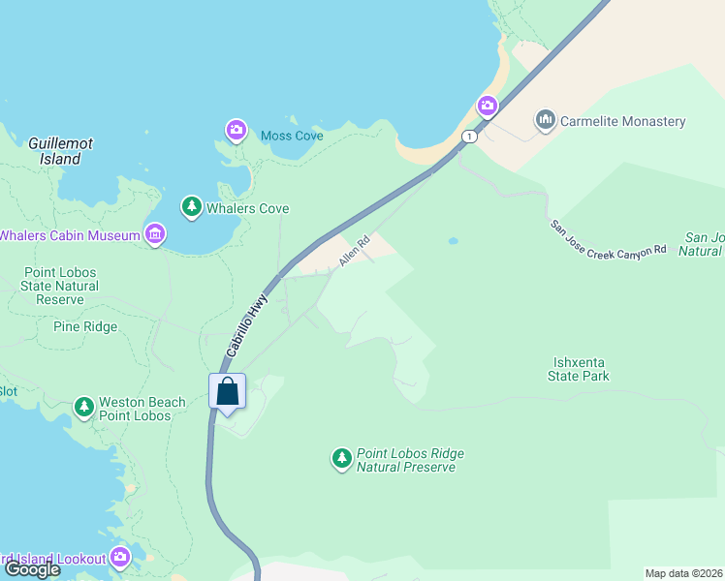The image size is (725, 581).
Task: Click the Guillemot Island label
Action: point(60,150)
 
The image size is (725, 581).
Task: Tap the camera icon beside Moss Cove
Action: point(236,130)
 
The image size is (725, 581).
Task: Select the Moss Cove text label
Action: point(292,136)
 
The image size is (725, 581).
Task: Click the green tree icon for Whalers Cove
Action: point(192,206)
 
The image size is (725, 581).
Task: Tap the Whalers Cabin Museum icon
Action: point(154,233)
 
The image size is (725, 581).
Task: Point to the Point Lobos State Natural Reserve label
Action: point(60,286)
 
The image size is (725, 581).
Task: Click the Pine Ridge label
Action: point(85,326)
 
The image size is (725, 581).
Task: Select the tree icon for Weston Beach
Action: point(84,407)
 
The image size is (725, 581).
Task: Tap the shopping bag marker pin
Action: point(228,392)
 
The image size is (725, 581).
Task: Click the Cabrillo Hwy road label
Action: point(247,324)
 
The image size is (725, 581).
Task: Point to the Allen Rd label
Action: point(355,252)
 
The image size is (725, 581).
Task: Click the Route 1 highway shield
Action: point(469,137)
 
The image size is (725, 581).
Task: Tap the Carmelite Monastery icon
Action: point(545,121)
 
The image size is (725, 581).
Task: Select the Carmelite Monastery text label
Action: point(623,122)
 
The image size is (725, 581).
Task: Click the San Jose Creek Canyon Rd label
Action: point(608,238)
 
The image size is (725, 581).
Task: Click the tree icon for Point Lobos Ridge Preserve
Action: point(341,458)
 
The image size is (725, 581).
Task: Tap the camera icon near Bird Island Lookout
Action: point(120,557)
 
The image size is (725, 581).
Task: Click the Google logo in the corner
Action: point(32,569)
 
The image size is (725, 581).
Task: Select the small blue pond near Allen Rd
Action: point(453,241)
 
